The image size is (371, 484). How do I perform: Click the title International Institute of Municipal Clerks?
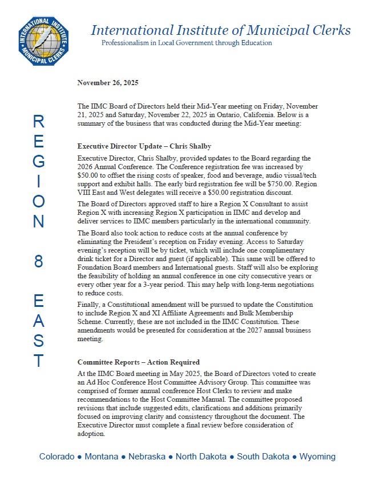click(x=220, y=30)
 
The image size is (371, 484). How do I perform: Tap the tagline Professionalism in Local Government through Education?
click(x=186, y=43)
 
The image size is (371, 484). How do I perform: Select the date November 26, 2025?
click(x=108, y=83)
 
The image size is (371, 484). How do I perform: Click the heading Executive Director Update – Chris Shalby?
click(x=144, y=146)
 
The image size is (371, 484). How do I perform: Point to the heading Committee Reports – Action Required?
click(x=138, y=362)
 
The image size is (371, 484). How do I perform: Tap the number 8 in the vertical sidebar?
click(x=38, y=262)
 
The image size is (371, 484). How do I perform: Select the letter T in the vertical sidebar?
click(x=38, y=361)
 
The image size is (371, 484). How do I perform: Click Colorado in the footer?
click(x=57, y=457)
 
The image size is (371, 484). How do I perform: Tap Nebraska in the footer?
click(x=147, y=457)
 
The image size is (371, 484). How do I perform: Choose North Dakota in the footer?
click(x=201, y=457)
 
